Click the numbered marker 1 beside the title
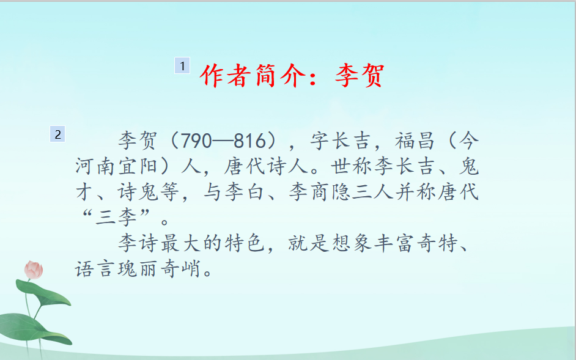pos(182,66)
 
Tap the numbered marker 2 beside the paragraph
pos(57,134)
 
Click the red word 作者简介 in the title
pos(254,76)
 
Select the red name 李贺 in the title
pos(360,76)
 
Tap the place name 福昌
pos(415,141)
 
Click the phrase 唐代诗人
pos(266,166)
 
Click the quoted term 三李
pos(116,218)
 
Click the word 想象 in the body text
pos(352,243)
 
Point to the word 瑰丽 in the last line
pos(138,269)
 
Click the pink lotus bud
pos(34,270)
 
